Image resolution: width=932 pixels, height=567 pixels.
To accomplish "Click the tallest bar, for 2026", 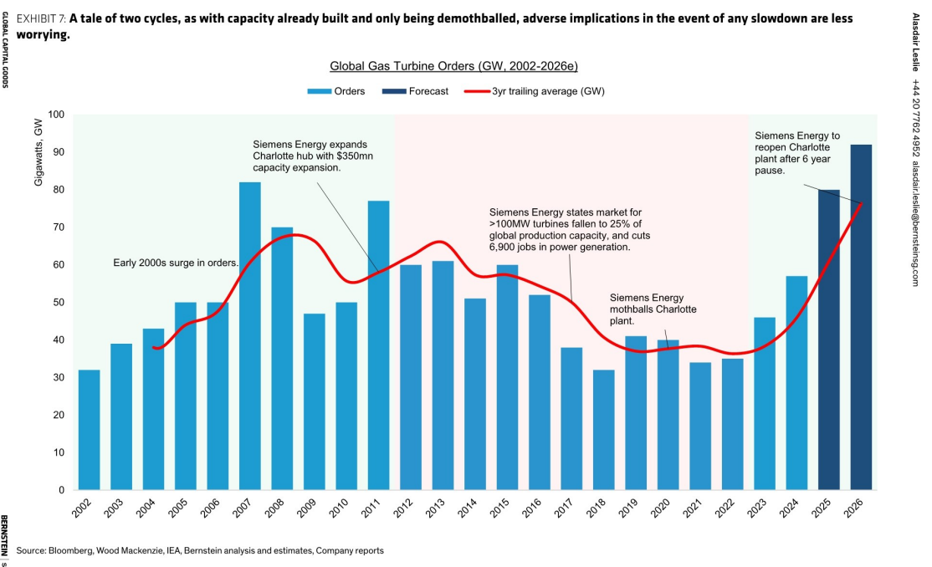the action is click(x=861, y=318).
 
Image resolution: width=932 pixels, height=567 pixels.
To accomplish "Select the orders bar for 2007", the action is click(x=249, y=336).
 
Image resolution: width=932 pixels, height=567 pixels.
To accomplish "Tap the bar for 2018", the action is click(x=603, y=430).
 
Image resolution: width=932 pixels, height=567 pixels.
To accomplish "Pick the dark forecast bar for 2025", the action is click(x=828, y=340).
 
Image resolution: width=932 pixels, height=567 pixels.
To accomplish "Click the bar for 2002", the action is click(x=90, y=430).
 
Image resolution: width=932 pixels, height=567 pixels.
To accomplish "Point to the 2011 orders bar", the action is click(x=379, y=345).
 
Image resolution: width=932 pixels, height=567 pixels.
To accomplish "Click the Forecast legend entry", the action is click(x=416, y=91).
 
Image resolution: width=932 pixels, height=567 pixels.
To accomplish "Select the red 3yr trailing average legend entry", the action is click(x=535, y=91).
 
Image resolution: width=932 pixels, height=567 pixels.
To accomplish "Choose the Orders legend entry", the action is click(x=335, y=91).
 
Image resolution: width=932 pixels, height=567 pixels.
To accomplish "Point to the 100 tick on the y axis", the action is click(x=56, y=114).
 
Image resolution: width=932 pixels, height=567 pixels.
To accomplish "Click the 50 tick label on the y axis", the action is click(x=59, y=302).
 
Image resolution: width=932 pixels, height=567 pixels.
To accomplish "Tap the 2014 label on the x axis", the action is click(x=467, y=508).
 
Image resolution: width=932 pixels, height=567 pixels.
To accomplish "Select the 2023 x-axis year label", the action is click(x=756, y=508).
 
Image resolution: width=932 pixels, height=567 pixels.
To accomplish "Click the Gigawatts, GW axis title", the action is click(x=38, y=152).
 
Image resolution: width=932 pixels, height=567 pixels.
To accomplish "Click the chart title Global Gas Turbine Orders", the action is click(x=453, y=66).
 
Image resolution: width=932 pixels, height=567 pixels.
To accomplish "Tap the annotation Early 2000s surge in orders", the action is click(x=176, y=263).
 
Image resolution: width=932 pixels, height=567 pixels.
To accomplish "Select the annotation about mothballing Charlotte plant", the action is click(x=653, y=309).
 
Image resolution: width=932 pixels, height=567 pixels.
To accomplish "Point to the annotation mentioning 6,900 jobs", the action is click(x=570, y=229).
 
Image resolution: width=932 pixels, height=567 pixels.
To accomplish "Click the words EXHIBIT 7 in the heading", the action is click(x=41, y=18).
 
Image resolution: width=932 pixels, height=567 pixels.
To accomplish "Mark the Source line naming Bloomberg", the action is click(x=200, y=550).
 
